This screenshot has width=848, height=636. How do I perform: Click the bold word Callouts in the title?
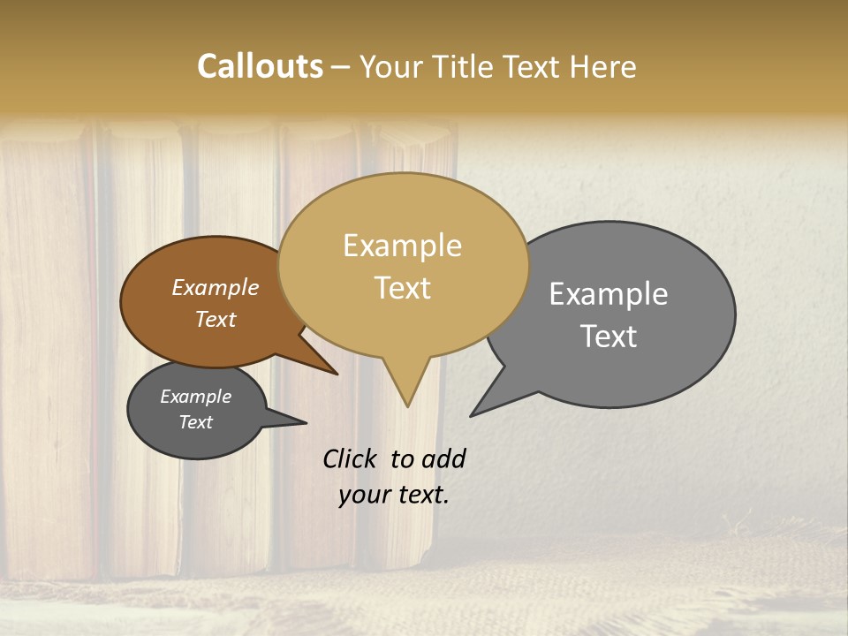[x=260, y=66]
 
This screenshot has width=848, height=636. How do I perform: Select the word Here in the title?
[x=602, y=66]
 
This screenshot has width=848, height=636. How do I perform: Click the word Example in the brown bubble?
[x=215, y=287]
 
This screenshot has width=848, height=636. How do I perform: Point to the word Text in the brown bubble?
[x=215, y=319]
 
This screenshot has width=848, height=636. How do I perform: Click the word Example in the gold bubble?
[x=402, y=246]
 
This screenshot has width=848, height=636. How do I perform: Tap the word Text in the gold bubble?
[x=402, y=288]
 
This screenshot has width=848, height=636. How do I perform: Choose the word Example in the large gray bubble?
[x=609, y=294]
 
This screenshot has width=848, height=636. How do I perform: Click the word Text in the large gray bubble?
[x=609, y=337]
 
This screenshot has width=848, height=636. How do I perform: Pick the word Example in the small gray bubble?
[x=195, y=397]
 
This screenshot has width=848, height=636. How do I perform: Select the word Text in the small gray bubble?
[x=195, y=422]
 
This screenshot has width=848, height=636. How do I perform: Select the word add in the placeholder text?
[x=443, y=458]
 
